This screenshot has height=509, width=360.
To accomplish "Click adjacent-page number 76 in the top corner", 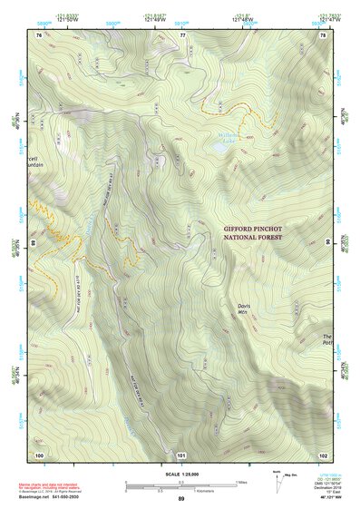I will pos(39,34).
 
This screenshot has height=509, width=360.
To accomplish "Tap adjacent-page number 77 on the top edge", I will pos(182,34).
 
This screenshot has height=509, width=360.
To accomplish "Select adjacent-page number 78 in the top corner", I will pos(324,34).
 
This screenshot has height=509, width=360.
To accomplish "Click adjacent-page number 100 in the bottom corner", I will pos(39,453).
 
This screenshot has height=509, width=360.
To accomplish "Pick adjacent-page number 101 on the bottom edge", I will pos(182,453).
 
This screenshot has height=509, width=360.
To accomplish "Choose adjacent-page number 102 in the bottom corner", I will pos(324,453).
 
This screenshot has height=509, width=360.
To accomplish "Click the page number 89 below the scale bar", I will pos(181,499).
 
